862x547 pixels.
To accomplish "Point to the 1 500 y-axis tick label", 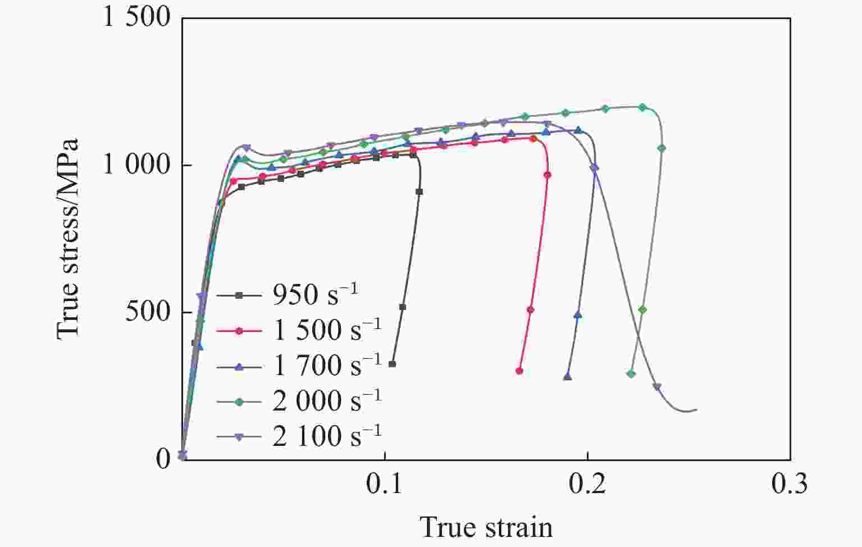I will coord(136,17).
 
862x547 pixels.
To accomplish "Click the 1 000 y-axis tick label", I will coord(136,165).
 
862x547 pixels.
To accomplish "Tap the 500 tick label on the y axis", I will coord(147,312).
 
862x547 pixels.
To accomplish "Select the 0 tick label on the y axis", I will coord(163,459).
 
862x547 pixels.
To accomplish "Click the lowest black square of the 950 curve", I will coord(392,364).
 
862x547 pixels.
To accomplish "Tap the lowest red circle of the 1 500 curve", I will coord(519,371).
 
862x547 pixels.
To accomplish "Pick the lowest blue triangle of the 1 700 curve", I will coord(567,376).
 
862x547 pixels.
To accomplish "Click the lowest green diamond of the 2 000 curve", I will coord(631,373).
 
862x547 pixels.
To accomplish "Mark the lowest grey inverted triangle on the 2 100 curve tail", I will coord(657,387).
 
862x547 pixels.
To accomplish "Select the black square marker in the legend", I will coord(239,295).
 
